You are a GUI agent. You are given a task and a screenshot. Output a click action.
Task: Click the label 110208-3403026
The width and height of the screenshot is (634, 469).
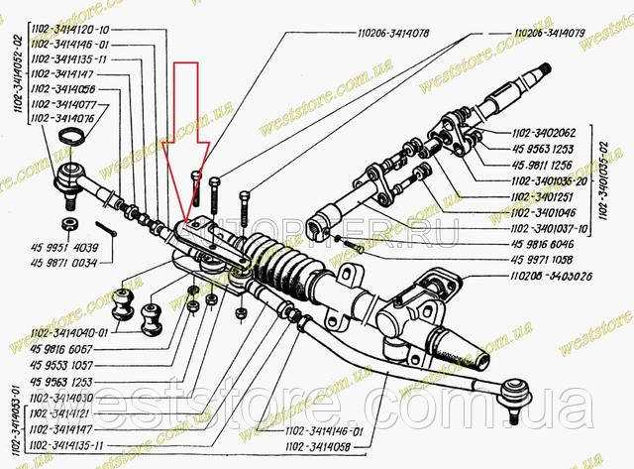554,276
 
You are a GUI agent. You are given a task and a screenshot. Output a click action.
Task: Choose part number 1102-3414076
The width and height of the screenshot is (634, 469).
63,117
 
